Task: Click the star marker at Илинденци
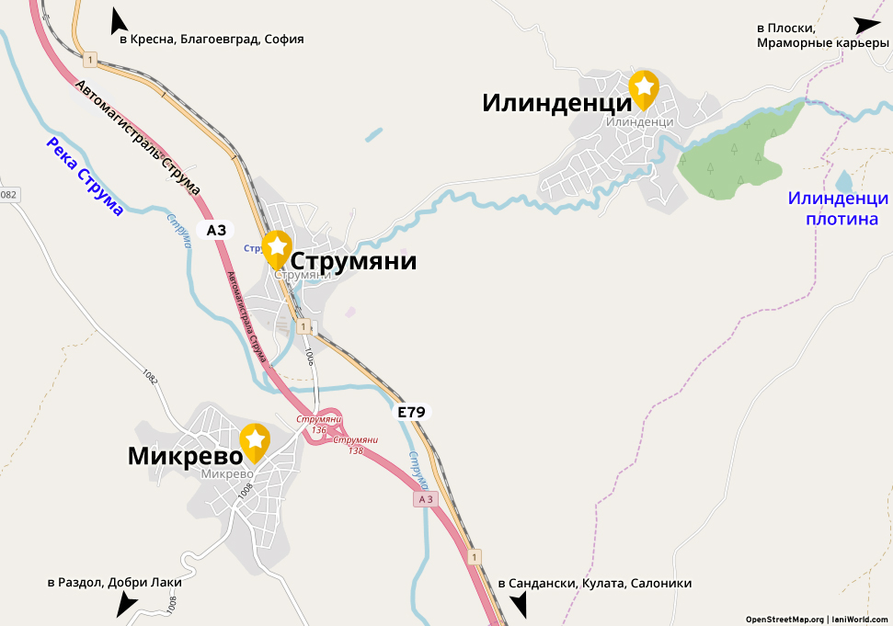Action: pyautogui.click(x=644, y=87)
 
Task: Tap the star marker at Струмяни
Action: pyautogui.click(x=277, y=247)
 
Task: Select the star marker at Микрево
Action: pyautogui.click(x=255, y=441)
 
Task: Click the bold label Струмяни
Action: pyautogui.click(x=353, y=262)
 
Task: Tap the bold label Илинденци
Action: pyautogui.click(x=555, y=103)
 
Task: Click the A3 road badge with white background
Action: pyautogui.click(x=216, y=230)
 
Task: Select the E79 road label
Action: pyautogui.click(x=411, y=413)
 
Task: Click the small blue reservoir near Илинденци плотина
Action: pyautogui.click(x=843, y=180)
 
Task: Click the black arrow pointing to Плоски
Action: pyautogui.click(x=867, y=26)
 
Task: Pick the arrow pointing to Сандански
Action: pyautogui.click(x=519, y=604)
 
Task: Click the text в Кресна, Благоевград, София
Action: pyautogui.click(x=211, y=40)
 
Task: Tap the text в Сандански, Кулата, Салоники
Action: pyautogui.click(x=594, y=584)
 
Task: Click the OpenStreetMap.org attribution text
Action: pyautogui.click(x=784, y=619)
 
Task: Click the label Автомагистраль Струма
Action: pyautogui.click(x=138, y=138)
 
